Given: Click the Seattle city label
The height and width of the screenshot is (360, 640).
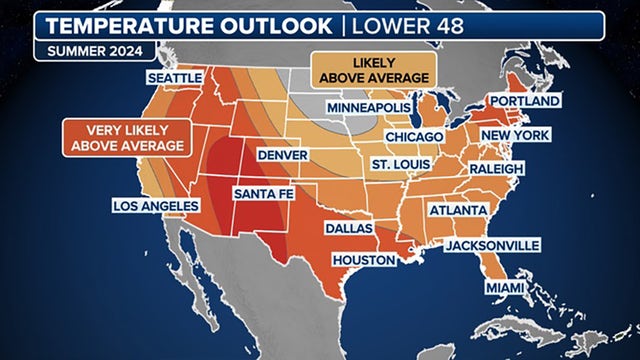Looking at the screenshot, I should (174, 77).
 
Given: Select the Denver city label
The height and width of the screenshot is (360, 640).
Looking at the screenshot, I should (284, 156).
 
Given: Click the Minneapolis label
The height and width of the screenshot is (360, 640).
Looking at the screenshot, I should (367, 107).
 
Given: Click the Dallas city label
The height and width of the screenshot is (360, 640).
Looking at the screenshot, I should (349, 229).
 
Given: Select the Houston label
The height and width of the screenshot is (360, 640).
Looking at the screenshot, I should (366, 259).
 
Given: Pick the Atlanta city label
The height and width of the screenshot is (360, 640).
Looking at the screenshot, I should (458, 211).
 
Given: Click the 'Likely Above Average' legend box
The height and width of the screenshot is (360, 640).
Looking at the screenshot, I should (373, 68).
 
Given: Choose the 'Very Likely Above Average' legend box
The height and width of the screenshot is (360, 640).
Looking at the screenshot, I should (126, 138).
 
